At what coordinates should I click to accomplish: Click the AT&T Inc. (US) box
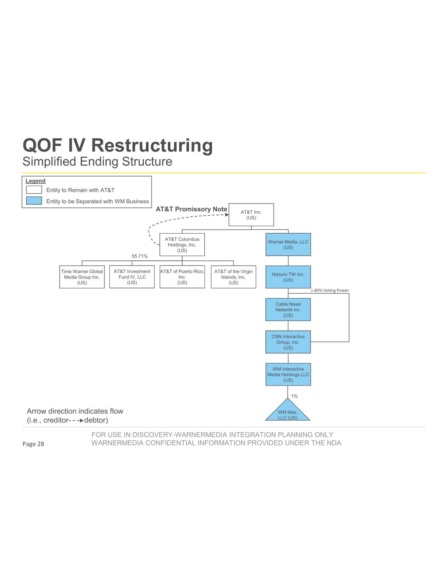(251, 215)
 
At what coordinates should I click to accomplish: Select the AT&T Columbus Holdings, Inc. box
(182, 245)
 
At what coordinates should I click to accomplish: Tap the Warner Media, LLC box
(288, 245)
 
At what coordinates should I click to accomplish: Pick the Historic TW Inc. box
(288, 277)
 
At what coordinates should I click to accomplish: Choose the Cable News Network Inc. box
(288, 310)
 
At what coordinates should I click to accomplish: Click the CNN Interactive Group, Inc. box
(288, 342)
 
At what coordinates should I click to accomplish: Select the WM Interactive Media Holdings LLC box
(288, 375)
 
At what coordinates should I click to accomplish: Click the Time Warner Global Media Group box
(82, 277)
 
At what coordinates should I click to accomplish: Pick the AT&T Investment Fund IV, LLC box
(132, 277)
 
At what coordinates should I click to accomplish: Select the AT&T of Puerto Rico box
(182, 277)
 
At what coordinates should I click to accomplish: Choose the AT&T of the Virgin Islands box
(233, 277)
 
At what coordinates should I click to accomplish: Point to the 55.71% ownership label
(139, 256)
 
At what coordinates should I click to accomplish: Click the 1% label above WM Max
(294, 396)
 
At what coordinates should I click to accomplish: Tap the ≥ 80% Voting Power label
(330, 291)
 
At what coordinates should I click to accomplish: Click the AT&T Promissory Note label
(192, 209)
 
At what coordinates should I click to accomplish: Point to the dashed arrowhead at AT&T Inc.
(227, 215)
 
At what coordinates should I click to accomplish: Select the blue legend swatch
(34, 201)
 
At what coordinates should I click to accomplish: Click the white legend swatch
(34, 190)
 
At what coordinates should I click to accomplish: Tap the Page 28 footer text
(33, 444)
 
